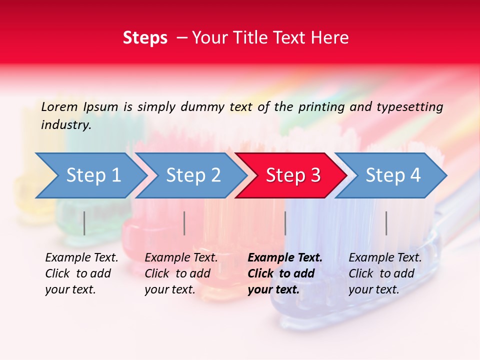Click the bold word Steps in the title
click(x=145, y=38)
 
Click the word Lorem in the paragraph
click(x=59, y=106)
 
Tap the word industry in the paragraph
click(x=65, y=124)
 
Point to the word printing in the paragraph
click(x=320, y=106)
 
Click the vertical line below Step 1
click(x=84, y=223)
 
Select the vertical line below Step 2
click(x=184, y=223)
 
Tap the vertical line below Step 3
click(x=285, y=223)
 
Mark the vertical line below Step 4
click(x=386, y=223)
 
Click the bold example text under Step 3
click(x=285, y=273)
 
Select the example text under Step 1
click(x=81, y=273)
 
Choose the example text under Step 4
click(x=385, y=273)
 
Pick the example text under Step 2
click(x=181, y=273)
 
